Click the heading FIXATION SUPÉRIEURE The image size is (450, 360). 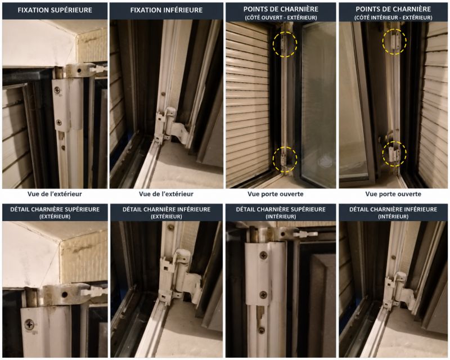pyautogui.click(x=55, y=10)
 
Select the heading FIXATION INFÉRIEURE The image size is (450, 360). pyautogui.click(x=166, y=10)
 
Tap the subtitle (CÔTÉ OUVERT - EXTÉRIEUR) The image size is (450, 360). pyautogui.click(x=281, y=18)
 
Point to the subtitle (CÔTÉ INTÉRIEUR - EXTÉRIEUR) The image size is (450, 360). pyautogui.click(x=393, y=18)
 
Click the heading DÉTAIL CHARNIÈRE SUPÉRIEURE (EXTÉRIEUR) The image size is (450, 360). pyautogui.click(x=55, y=213)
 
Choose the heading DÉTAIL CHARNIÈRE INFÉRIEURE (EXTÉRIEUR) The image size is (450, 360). pyautogui.click(x=166, y=213)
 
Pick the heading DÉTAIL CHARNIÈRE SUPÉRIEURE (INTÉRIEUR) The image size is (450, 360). pyautogui.click(x=281, y=213)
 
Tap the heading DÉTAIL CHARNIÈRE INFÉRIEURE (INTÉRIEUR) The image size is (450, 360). pyautogui.click(x=393, y=213)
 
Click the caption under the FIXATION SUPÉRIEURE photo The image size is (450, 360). pyautogui.click(x=55, y=194)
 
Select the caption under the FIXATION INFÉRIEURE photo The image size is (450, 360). pyautogui.click(x=166, y=194)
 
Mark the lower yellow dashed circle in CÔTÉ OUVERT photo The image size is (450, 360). pyautogui.click(x=273, y=159)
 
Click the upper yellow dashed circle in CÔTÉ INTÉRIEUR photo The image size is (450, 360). pyautogui.click(x=382, y=42)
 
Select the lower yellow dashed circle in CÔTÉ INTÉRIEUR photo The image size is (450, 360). pyautogui.click(x=382, y=154)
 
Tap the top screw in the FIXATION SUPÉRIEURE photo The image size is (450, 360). pyautogui.click(x=58, y=91)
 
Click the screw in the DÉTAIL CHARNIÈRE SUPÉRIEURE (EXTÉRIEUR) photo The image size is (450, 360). pyautogui.click(x=30, y=325)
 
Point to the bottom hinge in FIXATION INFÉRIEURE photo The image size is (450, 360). pyautogui.click(x=169, y=127)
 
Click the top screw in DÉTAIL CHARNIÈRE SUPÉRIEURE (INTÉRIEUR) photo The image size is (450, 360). pyautogui.click(x=263, y=255)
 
